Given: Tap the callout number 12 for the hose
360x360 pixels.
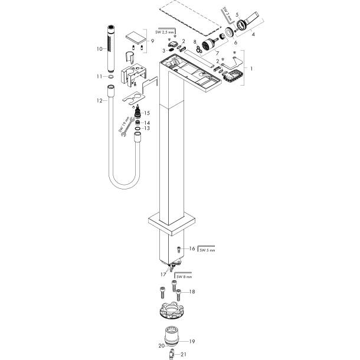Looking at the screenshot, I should point(100,100).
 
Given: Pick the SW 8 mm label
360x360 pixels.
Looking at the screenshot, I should point(184,276).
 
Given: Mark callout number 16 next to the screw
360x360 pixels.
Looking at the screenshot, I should point(191,249).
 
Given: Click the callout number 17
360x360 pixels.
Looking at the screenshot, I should point(164,273).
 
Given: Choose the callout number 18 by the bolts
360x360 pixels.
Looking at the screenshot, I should point(191,292).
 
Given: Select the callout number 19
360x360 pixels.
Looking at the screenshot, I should point(191,341).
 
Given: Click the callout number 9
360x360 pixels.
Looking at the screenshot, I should point(152,41).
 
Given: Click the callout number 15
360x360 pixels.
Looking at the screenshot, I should point(147,113).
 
